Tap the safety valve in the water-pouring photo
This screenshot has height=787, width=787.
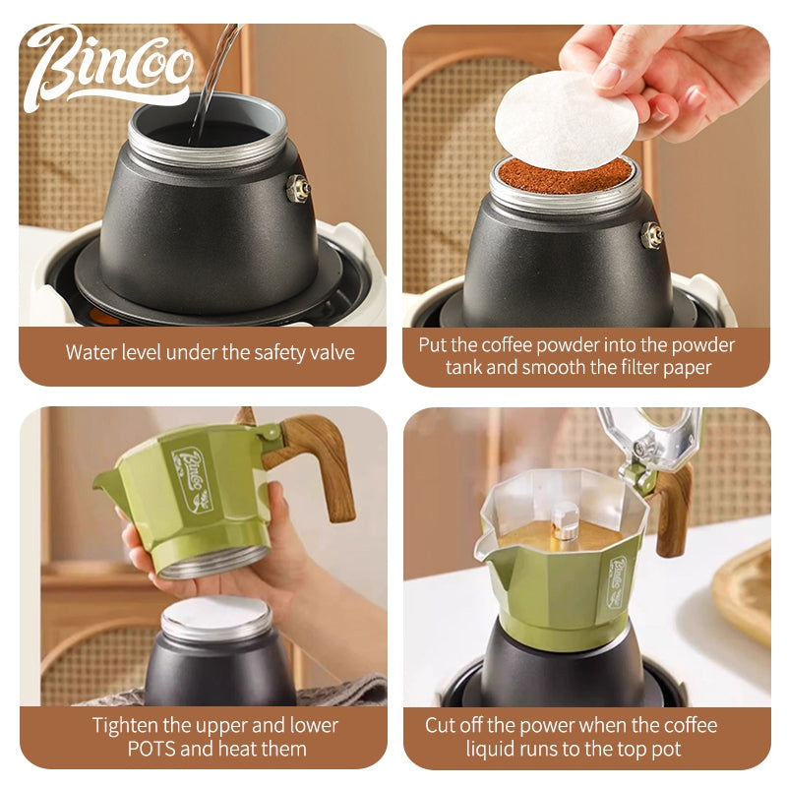pos(298,188)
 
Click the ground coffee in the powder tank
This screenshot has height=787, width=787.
pos(565,176)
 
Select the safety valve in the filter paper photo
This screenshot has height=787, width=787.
pos(653,234)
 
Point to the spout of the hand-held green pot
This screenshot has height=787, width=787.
pos(108,483)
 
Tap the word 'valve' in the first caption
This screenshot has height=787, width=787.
pos(333,352)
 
